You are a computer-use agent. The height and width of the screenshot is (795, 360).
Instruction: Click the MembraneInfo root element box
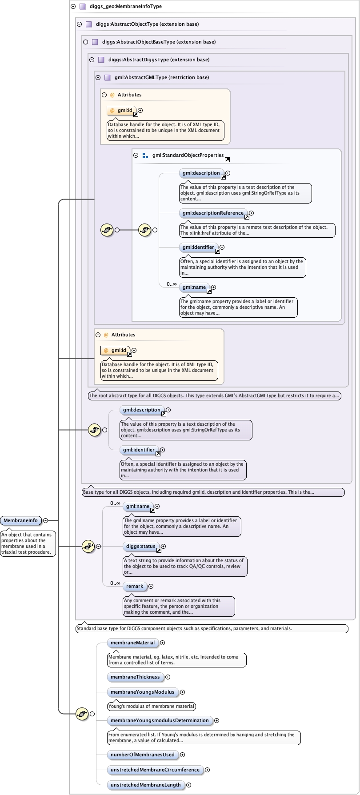21,520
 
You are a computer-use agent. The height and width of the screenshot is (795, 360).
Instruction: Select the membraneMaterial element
132,643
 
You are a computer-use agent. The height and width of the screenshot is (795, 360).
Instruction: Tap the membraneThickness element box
135,677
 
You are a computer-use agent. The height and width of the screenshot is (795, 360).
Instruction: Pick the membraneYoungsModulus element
142,692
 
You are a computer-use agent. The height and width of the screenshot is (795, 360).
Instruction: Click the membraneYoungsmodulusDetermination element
160,720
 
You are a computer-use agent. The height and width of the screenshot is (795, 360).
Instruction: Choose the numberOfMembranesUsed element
142,755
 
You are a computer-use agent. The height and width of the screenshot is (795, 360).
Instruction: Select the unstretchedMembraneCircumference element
155,770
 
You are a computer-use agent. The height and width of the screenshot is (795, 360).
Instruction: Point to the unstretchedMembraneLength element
145,785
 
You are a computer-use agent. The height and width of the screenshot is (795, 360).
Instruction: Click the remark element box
135,586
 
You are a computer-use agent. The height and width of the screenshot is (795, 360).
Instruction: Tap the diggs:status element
140,546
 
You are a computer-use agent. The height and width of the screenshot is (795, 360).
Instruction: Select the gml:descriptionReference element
213,213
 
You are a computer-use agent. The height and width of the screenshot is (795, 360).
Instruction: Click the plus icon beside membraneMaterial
163,643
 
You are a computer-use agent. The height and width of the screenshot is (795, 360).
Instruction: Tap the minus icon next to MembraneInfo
46,520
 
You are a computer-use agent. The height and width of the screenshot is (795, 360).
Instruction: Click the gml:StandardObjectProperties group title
188,156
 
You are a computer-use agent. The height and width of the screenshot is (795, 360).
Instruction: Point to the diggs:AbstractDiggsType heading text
159,60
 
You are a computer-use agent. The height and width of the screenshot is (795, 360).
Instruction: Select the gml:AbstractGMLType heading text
161,77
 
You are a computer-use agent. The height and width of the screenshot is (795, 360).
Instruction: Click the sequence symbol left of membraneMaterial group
82,714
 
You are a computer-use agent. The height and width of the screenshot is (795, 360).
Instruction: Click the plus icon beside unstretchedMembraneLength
189,785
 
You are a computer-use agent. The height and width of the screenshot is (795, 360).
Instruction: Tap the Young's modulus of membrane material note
152,706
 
